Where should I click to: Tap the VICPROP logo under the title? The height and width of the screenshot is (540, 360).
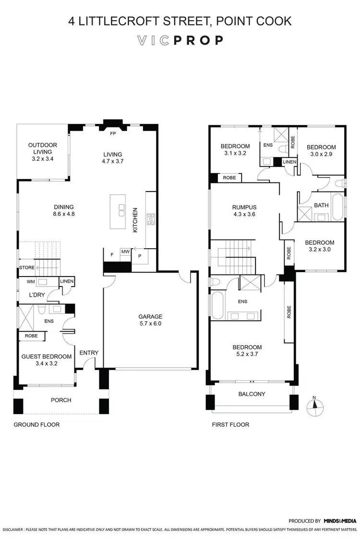(x=180, y=40)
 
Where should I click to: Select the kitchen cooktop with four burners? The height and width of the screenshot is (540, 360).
(x=151, y=219)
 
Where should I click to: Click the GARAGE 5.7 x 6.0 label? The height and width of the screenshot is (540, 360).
(x=151, y=320)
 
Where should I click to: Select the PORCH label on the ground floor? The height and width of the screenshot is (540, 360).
(x=61, y=400)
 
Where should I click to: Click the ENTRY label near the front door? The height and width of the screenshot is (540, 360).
(x=89, y=353)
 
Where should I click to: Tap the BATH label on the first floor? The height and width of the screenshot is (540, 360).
(x=321, y=205)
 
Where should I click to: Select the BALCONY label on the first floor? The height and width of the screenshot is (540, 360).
(x=252, y=394)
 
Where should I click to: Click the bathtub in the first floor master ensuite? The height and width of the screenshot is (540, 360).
(x=217, y=306)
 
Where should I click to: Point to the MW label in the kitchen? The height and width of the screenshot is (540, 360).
(x=125, y=251)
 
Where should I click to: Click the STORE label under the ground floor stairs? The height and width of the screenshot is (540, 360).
(x=26, y=267)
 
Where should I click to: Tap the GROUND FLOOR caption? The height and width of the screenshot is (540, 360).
(x=36, y=425)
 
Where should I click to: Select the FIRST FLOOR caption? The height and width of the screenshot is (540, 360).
(x=230, y=425)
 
